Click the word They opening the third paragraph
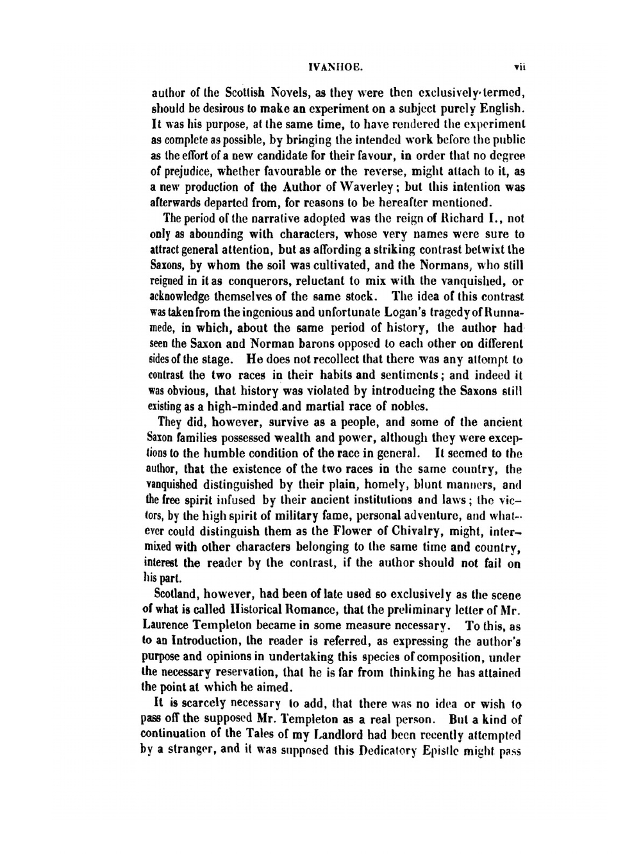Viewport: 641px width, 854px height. tap(170, 422)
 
